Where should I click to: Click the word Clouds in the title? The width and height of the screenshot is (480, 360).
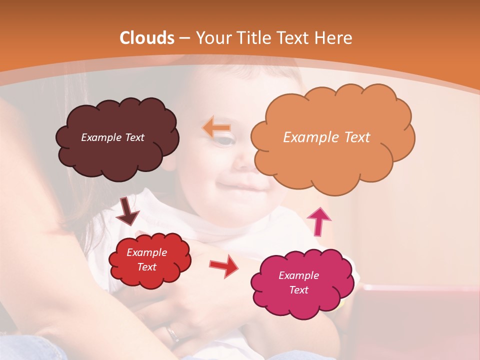146,38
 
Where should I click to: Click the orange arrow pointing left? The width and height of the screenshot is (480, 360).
216,127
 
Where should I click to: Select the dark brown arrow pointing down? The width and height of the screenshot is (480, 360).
128,211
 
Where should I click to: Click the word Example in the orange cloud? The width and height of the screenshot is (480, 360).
308,137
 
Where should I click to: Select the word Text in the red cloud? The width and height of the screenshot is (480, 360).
147,267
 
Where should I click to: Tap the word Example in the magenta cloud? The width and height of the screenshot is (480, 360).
298,275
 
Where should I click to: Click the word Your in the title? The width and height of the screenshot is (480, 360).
212,38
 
